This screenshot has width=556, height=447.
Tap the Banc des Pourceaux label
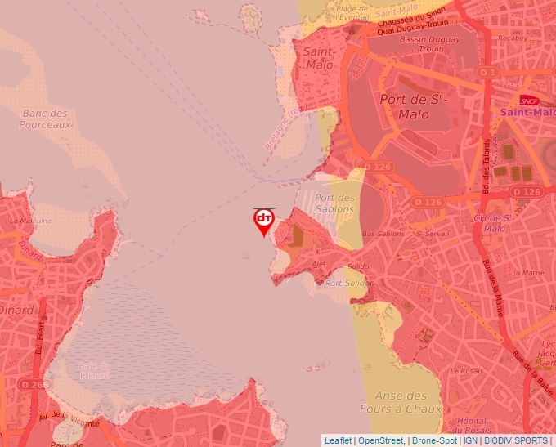tap(47, 118)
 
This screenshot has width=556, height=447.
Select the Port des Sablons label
tap(335, 203)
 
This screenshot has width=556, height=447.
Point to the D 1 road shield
tap(488, 73)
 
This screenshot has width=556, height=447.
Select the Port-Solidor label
tap(348, 284)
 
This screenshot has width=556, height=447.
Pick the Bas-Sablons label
tap(383, 234)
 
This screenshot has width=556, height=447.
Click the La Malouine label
tap(30, 221)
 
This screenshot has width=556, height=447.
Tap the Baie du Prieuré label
tap(95, 370)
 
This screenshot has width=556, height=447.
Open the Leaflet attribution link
tap(338, 440)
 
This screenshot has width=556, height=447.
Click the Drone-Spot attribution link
tap(434, 440)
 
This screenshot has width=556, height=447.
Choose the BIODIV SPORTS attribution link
tap(516, 440)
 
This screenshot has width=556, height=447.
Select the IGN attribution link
tap(470, 440)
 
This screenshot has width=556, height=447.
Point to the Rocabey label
tap(513, 38)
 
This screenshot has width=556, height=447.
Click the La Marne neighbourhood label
tap(527, 272)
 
